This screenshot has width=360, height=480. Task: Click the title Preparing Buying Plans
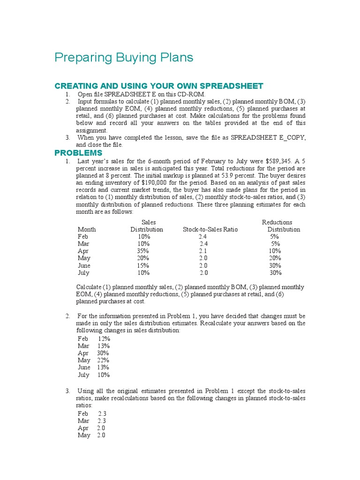pyautogui.click(x=124, y=58)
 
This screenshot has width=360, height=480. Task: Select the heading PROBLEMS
pyautogui.click(x=78, y=153)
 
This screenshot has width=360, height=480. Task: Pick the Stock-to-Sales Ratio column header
pyautogui.click(x=210, y=229)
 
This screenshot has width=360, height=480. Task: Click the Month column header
pyautogui.click(x=87, y=229)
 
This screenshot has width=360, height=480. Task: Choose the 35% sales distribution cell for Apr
pyautogui.click(x=142, y=251)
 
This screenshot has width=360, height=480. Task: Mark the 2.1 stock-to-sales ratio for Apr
pyautogui.click(x=203, y=251)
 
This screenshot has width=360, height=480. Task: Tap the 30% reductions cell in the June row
pyautogui.click(x=275, y=265)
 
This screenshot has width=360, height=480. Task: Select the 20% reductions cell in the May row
pyautogui.click(x=275, y=258)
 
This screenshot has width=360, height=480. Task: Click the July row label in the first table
pyautogui.click(x=83, y=272)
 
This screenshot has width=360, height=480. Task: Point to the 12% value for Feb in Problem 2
pyautogui.click(x=104, y=338)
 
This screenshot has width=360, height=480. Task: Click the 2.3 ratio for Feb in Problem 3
pyautogui.click(x=102, y=413)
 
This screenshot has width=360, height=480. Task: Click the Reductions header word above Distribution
pyautogui.click(x=277, y=222)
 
